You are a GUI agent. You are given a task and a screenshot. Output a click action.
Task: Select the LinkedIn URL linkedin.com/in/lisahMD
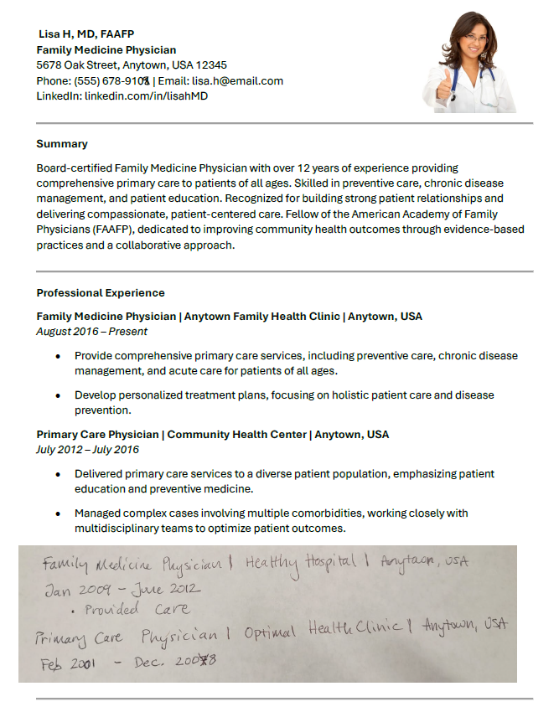click(146, 96)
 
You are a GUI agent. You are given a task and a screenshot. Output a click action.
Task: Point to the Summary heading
click(62, 144)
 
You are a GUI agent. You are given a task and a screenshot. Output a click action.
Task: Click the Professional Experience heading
click(101, 293)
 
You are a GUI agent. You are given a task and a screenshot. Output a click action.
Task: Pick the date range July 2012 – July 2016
click(87, 450)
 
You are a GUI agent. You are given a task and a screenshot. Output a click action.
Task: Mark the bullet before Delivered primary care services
click(57, 473)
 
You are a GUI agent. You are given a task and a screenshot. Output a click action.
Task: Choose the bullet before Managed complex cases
click(57, 513)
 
